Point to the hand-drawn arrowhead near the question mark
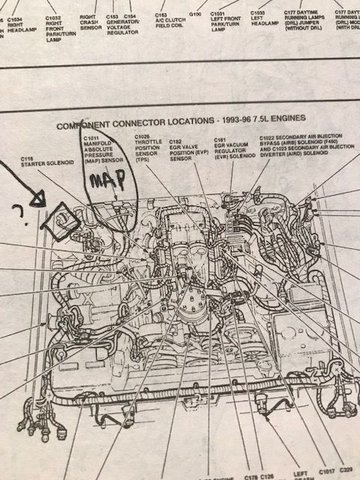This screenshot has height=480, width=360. tap(40, 196)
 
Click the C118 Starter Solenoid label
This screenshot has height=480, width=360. tap(40, 163)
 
